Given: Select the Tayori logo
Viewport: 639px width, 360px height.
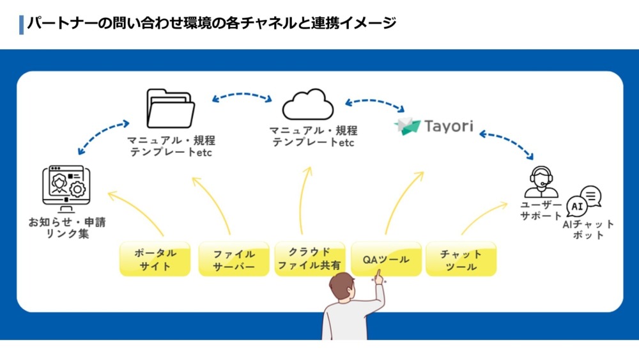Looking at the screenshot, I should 434,125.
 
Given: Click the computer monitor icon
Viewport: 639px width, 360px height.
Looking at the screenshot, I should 64,187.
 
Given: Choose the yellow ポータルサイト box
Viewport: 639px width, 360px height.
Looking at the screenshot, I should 155,259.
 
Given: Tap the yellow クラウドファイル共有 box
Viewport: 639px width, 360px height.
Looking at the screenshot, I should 310,259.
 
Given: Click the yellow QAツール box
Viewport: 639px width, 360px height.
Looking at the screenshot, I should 386,259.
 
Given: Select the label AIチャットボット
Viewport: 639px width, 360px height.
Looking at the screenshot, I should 588,230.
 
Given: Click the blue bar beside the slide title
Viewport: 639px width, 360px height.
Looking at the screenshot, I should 22,24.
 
